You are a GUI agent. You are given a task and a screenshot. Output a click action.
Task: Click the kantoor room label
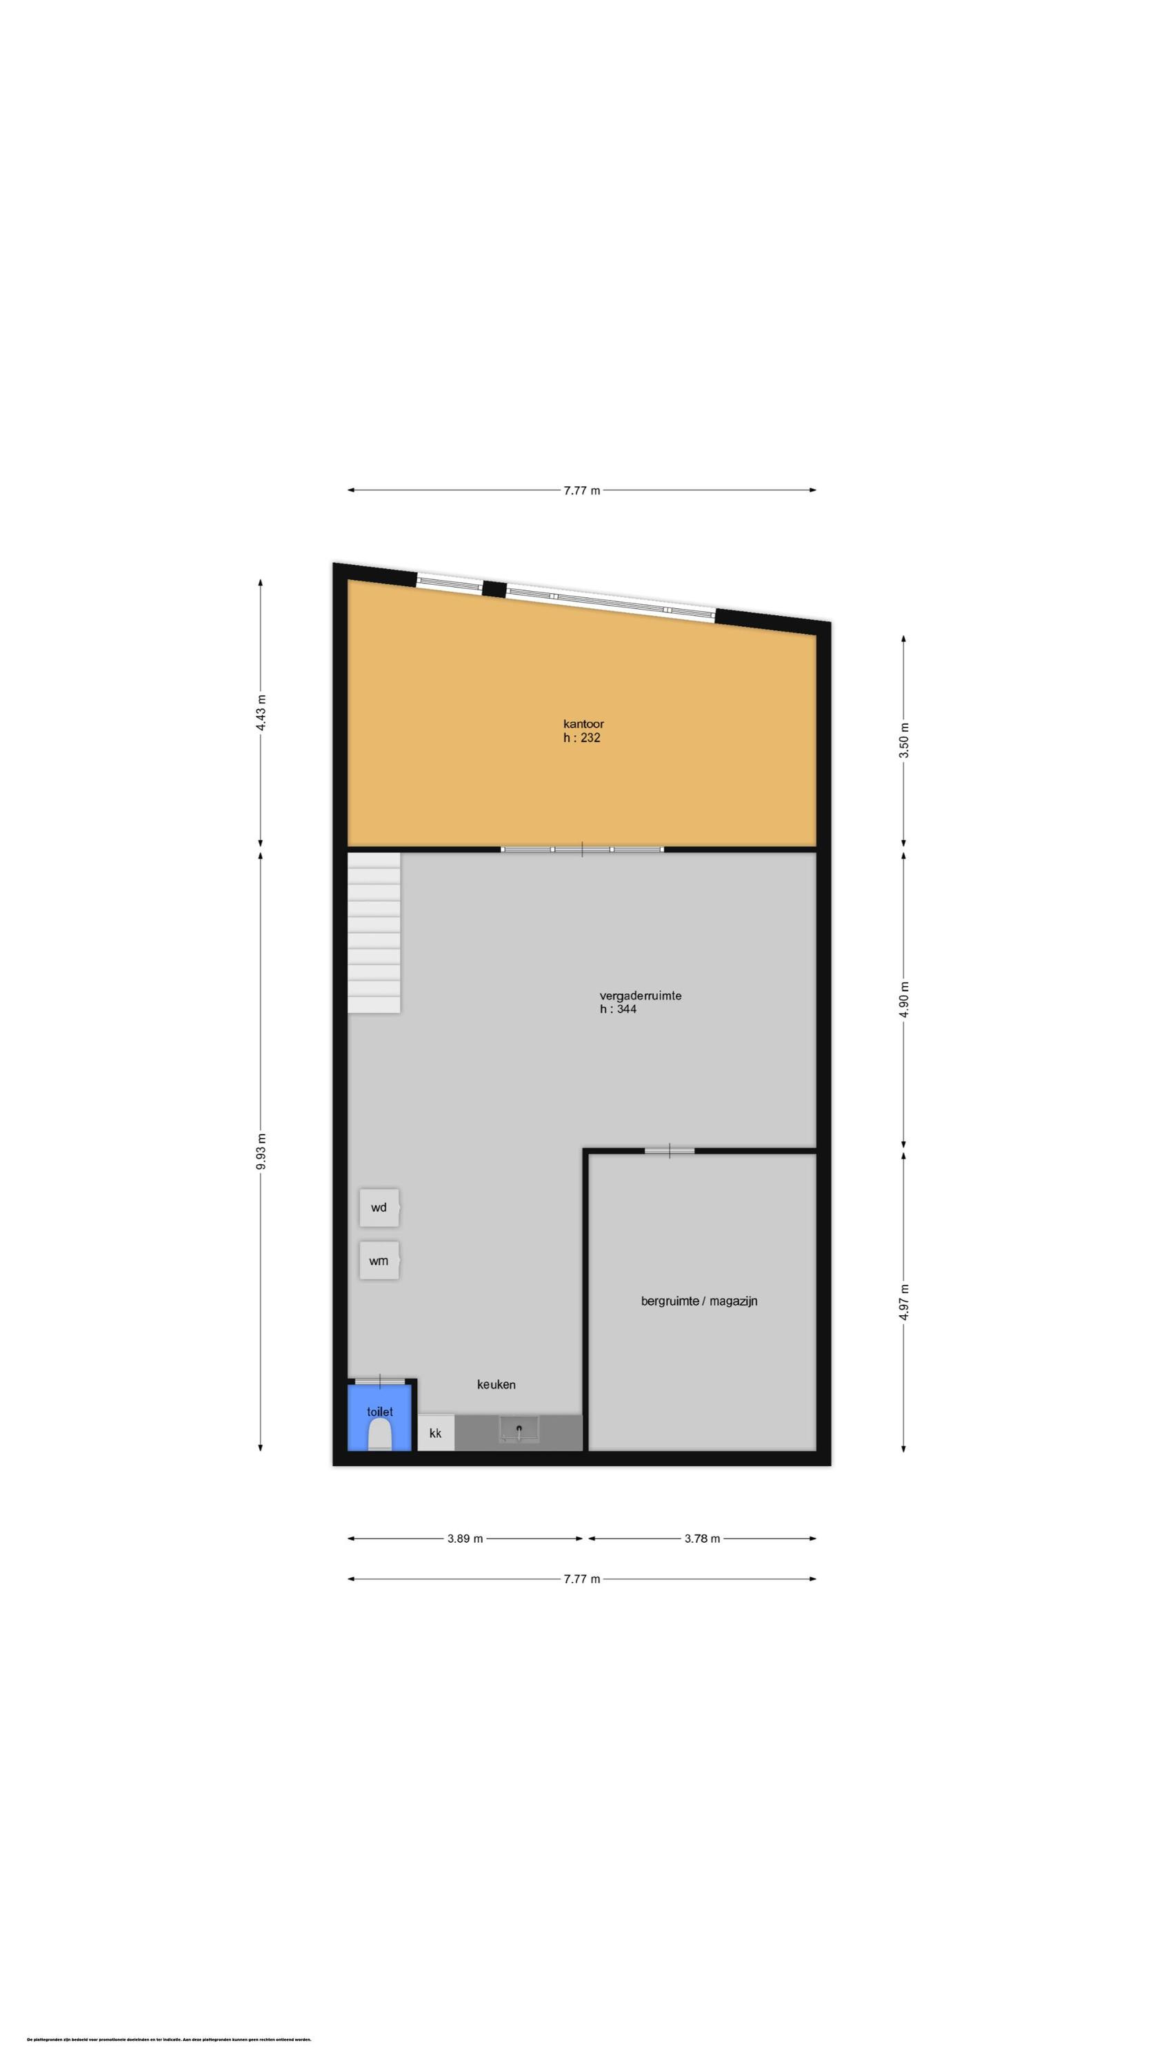(x=583, y=723)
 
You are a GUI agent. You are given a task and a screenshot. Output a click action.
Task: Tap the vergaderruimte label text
(x=639, y=995)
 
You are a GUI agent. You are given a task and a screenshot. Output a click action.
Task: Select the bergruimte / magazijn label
(x=699, y=1300)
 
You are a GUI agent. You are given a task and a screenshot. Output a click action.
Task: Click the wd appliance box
(x=379, y=1207)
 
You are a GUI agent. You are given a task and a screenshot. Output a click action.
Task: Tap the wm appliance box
(x=379, y=1260)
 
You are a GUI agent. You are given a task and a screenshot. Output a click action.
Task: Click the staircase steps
(x=374, y=932)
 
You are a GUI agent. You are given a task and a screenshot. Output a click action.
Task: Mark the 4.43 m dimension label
(x=260, y=711)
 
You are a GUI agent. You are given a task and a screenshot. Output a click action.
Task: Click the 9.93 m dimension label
(x=260, y=1151)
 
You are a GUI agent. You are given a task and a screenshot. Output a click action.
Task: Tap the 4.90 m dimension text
(x=904, y=1000)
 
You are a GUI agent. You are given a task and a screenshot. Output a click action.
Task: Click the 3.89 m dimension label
(x=465, y=1539)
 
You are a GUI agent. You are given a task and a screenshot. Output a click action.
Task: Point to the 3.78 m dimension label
(x=702, y=1539)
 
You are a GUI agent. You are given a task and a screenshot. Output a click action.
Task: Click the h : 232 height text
(x=581, y=737)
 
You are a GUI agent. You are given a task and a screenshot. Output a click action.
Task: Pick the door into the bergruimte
(x=669, y=1151)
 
